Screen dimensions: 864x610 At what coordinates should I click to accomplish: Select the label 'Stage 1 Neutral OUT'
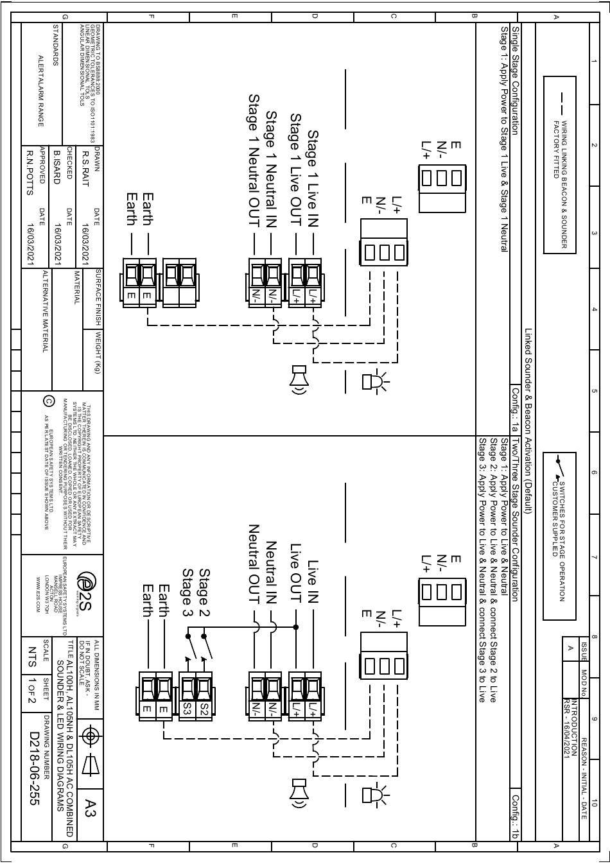pyautogui.click(x=254, y=160)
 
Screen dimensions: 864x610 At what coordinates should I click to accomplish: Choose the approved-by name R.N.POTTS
pyautogui.click(x=29, y=171)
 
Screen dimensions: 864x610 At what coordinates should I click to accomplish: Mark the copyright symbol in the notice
pyautogui.click(x=49, y=402)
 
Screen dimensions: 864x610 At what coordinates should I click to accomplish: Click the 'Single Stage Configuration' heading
pyautogui.click(x=516, y=80)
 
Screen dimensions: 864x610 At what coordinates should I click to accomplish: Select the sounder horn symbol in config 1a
pyautogui.click(x=298, y=380)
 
